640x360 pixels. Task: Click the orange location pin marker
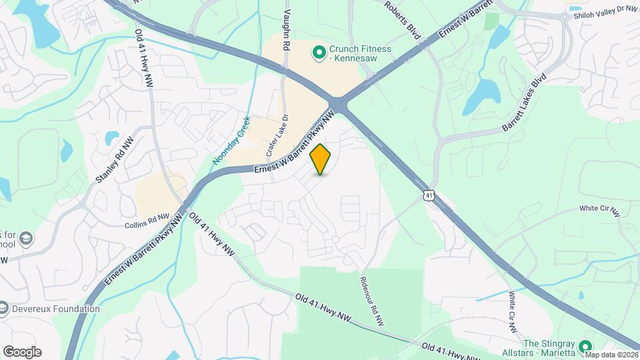click(321, 159)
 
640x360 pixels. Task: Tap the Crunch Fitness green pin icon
click(319, 51)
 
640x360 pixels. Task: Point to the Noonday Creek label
click(231, 141)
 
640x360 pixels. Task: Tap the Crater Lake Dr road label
click(278, 137)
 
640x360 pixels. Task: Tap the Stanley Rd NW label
click(115, 161)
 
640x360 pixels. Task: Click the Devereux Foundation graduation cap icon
click(4, 308)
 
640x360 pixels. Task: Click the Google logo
click(22, 352)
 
